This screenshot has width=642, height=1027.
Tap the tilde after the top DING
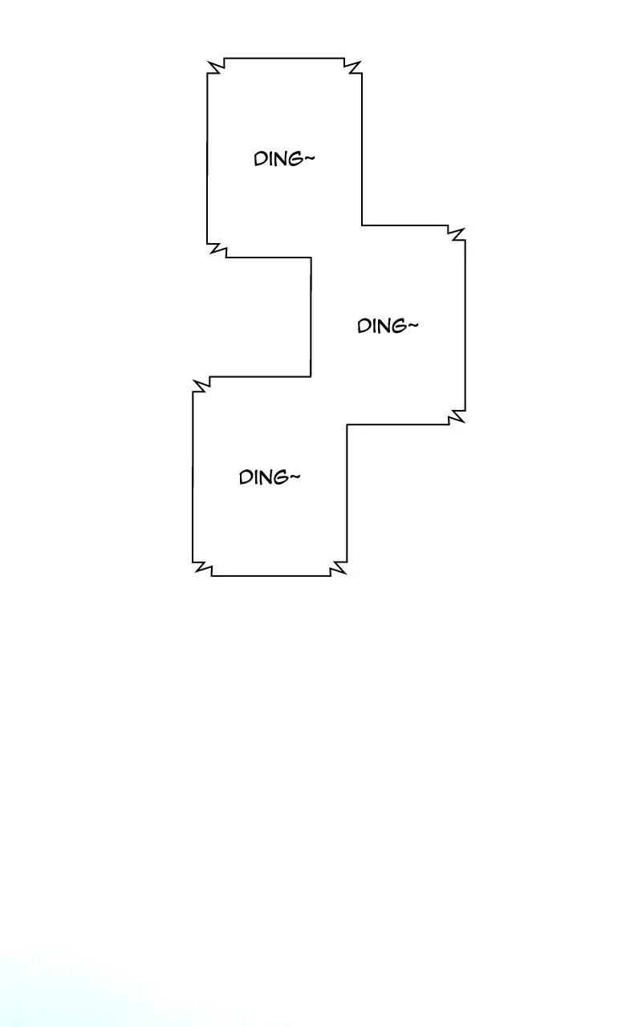coord(310,158)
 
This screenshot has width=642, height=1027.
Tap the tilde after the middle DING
coord(413,325)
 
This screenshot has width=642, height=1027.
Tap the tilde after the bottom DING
coord(295,477)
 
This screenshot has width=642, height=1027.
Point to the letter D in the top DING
coord(259,159)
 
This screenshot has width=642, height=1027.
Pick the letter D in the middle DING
coord(364,327)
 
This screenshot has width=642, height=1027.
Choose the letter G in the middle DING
coord(400,327)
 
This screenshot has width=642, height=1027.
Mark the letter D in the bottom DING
coord(245,477)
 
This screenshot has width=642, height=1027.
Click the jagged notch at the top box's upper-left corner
coord(216,66)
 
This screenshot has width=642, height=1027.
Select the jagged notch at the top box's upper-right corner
coord(352,66)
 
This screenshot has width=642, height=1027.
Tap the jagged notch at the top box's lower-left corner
coord(217,250)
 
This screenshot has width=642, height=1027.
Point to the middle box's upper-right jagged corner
coord(457,233)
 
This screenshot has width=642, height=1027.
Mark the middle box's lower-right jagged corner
coord(457,416)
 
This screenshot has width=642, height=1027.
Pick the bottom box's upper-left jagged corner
coord(201,384)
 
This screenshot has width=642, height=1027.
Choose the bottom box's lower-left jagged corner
coord(201,569)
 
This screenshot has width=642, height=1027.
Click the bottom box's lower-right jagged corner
coord(339,569)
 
